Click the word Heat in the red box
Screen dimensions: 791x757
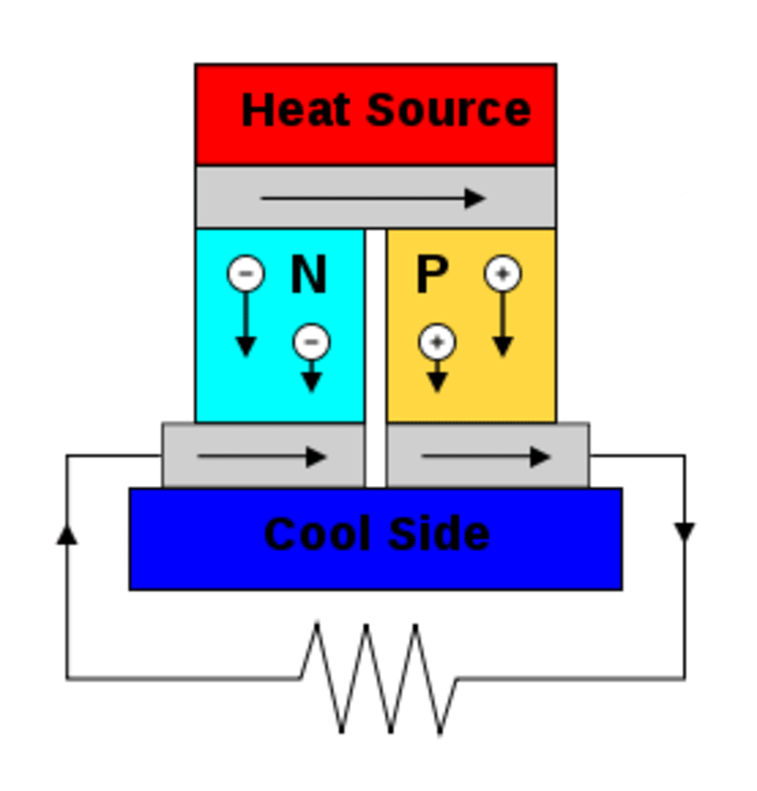tap(297, 110)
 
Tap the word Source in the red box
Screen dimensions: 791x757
tap(448, 110)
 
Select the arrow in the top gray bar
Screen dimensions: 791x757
tap(373, 198)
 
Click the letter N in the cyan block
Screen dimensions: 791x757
tap(308, 276)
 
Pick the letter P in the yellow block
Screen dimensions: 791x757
tap(431, 276)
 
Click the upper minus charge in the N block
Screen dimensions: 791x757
tap(246, 274)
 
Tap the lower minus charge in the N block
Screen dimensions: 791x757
tap(311, 341)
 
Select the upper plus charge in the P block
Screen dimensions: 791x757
tap(502, 274)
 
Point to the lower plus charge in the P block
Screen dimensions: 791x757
tap(436, 341)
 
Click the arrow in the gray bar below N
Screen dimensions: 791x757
tap(262, 457)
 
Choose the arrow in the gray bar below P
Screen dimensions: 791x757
tap(486, 457)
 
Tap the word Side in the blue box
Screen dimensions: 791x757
tap(445, 534)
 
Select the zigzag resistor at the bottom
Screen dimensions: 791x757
tap(378, 677)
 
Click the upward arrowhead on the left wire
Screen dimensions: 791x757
tap(67, 535)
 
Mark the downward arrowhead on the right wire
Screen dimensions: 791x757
tap(685, 531)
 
